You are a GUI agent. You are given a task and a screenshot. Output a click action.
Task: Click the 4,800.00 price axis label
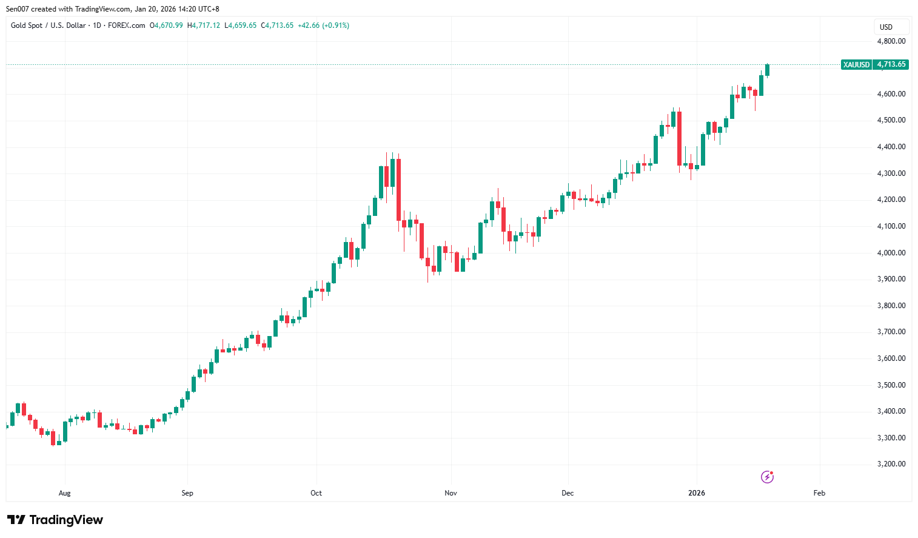[891, 41]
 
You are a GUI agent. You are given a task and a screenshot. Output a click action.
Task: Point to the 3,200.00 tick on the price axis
[891, 464]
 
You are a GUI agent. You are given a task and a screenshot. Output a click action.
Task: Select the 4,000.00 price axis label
[891, 253]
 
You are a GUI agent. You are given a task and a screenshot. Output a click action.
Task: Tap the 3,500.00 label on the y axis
[891, 385]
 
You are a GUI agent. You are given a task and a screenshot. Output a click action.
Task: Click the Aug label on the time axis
[65, 493]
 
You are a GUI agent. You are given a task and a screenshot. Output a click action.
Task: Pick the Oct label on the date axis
[316, 493]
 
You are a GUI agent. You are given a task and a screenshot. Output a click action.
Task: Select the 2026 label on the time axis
[697, 493]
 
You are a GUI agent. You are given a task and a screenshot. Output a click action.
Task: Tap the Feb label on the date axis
[819, 493]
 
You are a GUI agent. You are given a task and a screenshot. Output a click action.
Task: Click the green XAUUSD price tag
[856, 64]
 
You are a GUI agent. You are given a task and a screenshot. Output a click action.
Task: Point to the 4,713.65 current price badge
[891, 64]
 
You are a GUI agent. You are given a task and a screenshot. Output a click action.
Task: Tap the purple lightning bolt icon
[767, 477]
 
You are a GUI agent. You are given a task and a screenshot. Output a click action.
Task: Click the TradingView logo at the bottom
[55, 520]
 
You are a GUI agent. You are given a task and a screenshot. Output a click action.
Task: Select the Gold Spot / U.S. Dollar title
[49, 25]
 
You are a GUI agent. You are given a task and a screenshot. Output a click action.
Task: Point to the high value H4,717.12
[204, 25]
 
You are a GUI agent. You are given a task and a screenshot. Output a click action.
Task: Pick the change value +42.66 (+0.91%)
[323, 25]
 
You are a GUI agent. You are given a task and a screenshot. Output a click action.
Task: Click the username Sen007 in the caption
[18, 9]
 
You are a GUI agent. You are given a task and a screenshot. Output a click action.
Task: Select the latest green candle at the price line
[767, 70]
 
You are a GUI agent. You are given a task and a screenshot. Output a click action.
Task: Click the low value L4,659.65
[241, 25]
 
